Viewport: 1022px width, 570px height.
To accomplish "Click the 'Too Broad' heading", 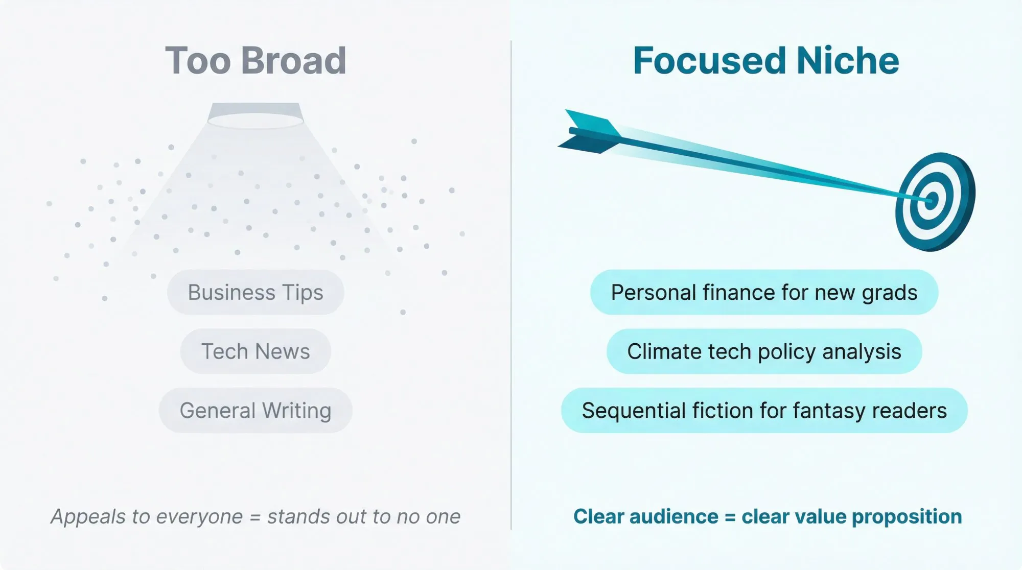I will click(255, 61).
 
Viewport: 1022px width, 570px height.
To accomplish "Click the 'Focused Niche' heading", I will click(765, 61).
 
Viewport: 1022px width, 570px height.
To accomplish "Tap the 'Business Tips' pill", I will click(255, 293).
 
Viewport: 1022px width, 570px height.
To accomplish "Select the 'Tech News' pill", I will click(255, 352).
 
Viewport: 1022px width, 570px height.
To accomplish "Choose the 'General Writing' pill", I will click(255, 411).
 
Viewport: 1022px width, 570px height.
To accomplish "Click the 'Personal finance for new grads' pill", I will click(764, 293).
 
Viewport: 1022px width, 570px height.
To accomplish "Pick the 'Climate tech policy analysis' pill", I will click(764, 352).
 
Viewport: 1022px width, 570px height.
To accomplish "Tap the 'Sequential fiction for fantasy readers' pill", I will click(764, 411).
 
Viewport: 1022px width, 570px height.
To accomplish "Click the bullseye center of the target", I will click(931, 200).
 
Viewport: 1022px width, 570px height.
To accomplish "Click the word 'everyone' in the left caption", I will click(199, 517).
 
